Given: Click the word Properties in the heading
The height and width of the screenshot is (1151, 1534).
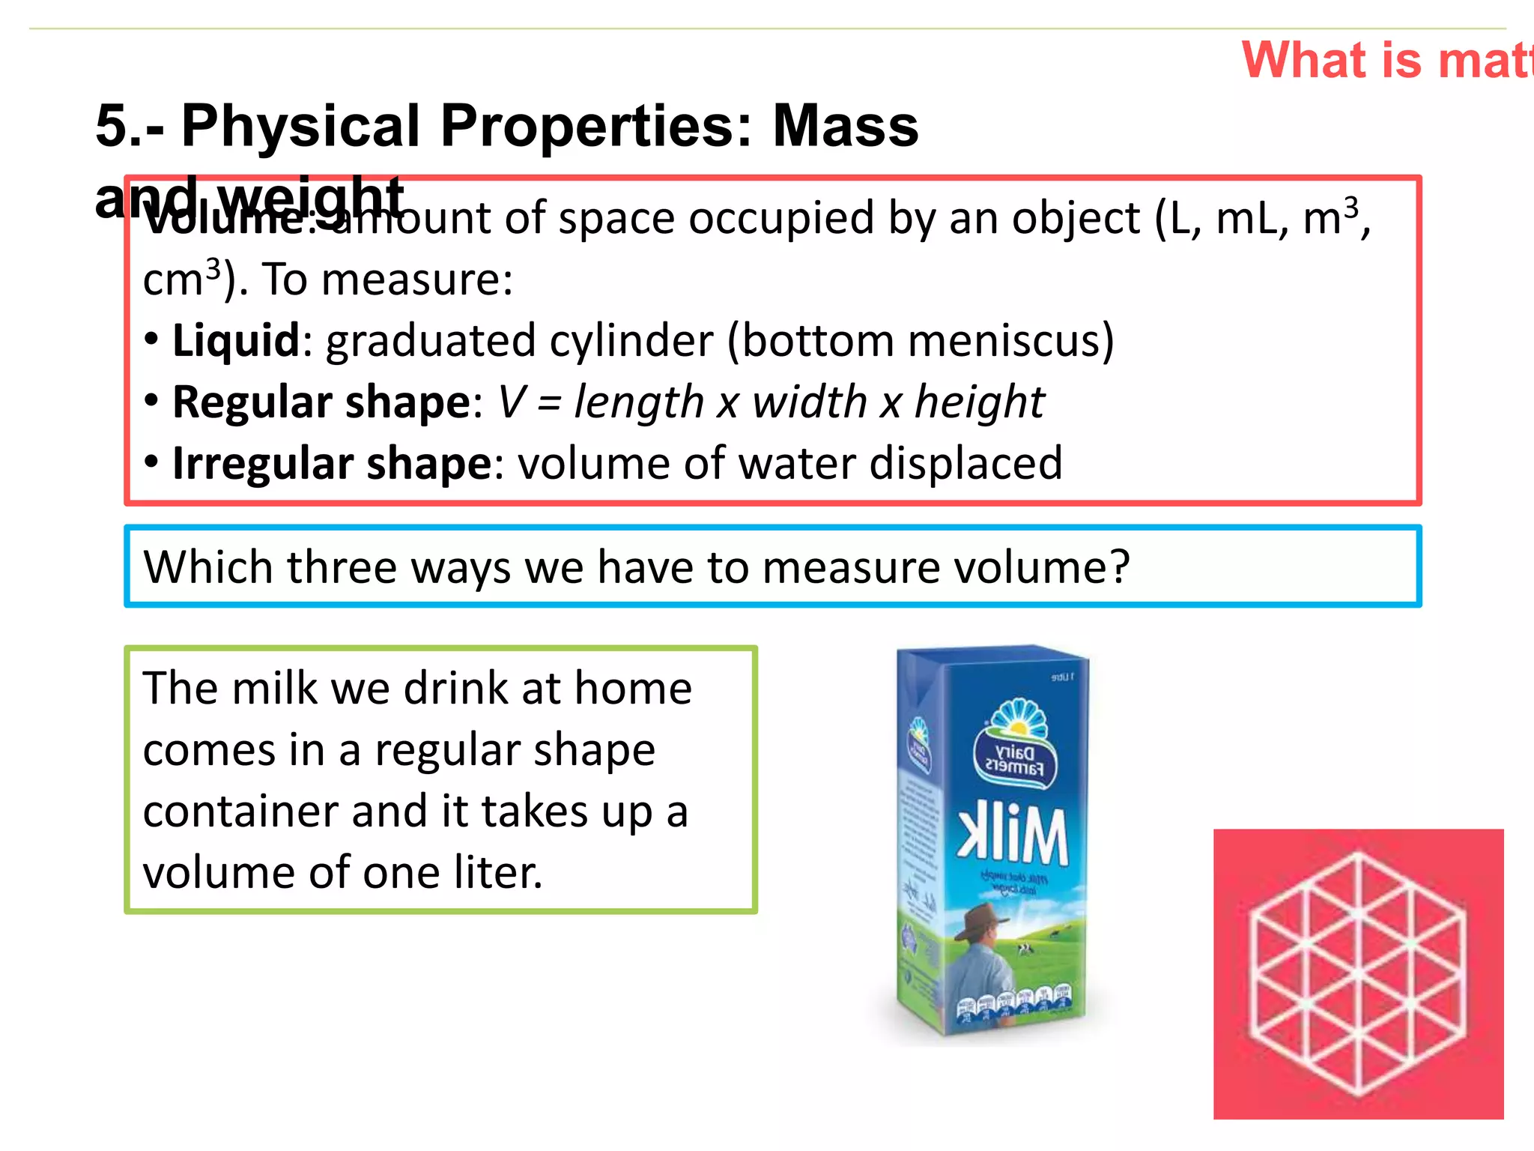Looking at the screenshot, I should pos(595,126).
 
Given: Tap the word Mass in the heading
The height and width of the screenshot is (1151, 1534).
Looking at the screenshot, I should pos(845,126).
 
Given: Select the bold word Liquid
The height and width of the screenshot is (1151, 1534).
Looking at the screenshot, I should pos(236,341).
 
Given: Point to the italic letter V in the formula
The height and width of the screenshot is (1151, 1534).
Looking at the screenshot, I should pos(512,402).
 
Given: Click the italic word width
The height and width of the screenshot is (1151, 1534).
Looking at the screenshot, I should pos(810,402).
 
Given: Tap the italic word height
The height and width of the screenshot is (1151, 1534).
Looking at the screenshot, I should pos(980,402).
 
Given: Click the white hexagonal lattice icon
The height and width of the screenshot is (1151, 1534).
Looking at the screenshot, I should pos(1358,973).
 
